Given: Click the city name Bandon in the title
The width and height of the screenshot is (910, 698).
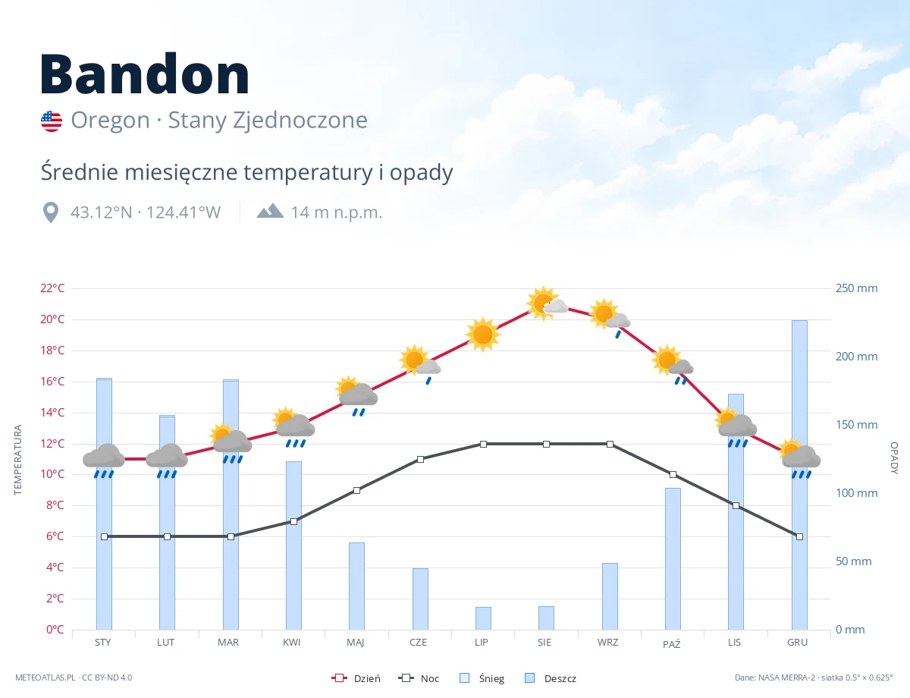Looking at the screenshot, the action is [145, 74].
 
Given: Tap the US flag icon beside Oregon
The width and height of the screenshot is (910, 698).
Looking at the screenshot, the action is [52, 121].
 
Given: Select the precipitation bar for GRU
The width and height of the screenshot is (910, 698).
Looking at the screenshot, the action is [799, 475].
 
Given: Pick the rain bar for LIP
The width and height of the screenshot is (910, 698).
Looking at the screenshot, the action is [483, 618].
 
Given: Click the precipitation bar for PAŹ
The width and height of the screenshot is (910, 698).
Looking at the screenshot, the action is [673, 558].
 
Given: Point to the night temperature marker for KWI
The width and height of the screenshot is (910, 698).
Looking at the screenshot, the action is [293, 521].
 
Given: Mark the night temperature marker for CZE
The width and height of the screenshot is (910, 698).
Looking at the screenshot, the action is [420, 459].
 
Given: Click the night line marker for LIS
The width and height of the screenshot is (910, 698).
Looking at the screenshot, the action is [736, 506].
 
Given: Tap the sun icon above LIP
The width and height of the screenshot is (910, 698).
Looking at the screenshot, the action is [483, 335].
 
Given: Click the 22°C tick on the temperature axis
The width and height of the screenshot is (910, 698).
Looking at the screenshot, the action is [52, 288].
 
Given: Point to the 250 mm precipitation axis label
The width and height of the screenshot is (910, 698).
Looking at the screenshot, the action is [856, 288].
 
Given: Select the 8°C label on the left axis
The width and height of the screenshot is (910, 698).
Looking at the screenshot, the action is [55, 505].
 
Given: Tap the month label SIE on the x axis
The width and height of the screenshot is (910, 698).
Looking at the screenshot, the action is [544, 643].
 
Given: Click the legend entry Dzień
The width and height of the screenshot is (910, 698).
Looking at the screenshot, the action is [356, 678].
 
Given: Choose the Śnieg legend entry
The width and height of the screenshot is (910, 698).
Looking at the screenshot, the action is [482, 678].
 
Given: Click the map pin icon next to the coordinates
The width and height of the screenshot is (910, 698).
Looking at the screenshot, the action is [51, 212].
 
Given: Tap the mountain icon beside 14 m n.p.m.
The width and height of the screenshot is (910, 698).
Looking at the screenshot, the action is [270, 211].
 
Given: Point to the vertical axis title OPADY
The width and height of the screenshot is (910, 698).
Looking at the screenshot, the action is [894, 458].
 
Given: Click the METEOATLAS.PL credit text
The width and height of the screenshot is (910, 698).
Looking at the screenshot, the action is [45, 678].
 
